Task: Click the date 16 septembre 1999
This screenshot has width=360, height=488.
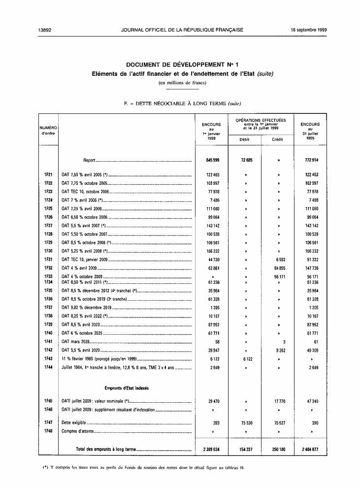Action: [x=309, y=30]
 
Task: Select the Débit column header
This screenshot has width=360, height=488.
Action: [x=244, y=139]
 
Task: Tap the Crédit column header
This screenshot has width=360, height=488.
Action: [x=278, y=139]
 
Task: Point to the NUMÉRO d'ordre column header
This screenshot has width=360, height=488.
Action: [x=48, y=131]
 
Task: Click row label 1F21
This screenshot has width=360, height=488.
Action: [x=48, y=174]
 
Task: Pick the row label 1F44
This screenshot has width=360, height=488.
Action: [x=48, y=367]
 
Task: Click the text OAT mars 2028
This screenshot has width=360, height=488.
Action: [x=75, y=341]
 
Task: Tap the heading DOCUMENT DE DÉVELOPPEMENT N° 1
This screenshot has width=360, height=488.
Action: [x=182, y=65]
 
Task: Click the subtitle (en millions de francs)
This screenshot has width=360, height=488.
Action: [x=182, y=82]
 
